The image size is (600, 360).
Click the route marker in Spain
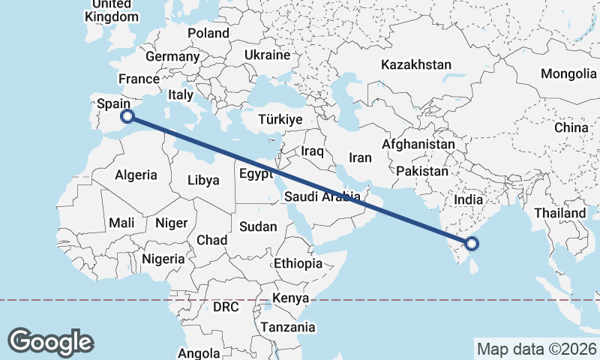pyautogui.click(x=127, y=115)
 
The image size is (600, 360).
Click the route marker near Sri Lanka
pyautogui.click(x=472, y=242)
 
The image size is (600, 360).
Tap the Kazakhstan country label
pyautogui.click(x=415, y=64)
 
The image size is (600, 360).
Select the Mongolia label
pyautogui.click(x=568, y=73)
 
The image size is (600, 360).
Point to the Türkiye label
pyautogui.click(x=280, y=119)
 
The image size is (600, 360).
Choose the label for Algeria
pyautogui.click(x=136, y=175)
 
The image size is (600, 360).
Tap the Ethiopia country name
pyautogui.click(x=298, y=263)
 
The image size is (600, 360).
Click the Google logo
pyautogui.click(x=50, y=341)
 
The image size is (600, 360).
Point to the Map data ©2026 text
pyautogui.click(x=536, y=349)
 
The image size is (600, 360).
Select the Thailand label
pyautogui.click(x=559, y=213)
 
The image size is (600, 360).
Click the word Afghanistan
pyautogui.click(x=418, y=143)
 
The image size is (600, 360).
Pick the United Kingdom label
pyautogui.click(x=113, y=10)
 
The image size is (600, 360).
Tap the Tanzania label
pyautogui.click(x=287, y=327)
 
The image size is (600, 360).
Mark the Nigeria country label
pyautogui.click(x=163, y=259)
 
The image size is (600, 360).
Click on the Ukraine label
pyautogui.click(x=267, y=55)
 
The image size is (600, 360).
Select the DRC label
pyautogui.click(x=225, y=307)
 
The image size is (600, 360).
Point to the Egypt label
pyautogui.click(x=256, y=174)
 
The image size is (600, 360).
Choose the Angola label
pyautogui.click(x=199, y=353)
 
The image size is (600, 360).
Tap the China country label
pyautogui.click(x=571, y=127)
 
